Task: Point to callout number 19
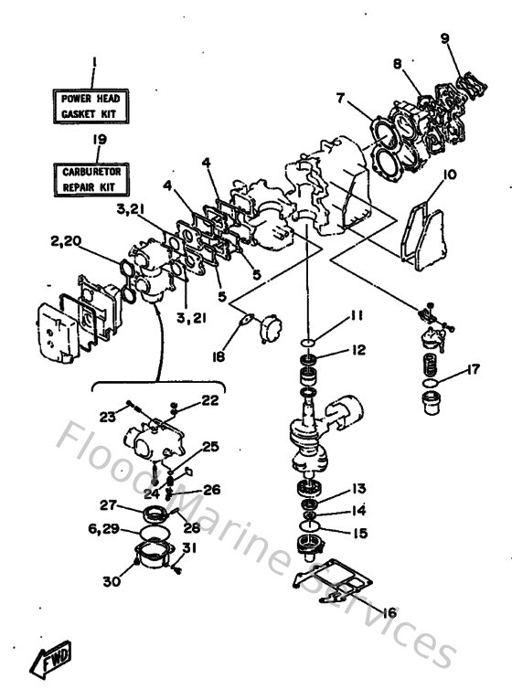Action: pos(94,139)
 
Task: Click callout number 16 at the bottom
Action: pos(389,612)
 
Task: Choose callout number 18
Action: pos(216,357)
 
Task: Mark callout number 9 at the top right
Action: pos(445,38)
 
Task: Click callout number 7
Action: pos(339,96)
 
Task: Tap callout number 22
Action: pos(210,399)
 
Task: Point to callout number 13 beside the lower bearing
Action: pos(357,489)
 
